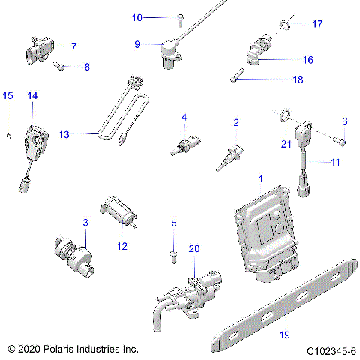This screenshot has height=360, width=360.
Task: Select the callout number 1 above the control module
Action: (x=261, y=179)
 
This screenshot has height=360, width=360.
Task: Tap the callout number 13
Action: (x=64, y=134)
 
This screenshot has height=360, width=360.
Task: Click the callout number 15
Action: (x=8, y=95)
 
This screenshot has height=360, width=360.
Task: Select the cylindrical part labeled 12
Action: (x=120, y=212)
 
